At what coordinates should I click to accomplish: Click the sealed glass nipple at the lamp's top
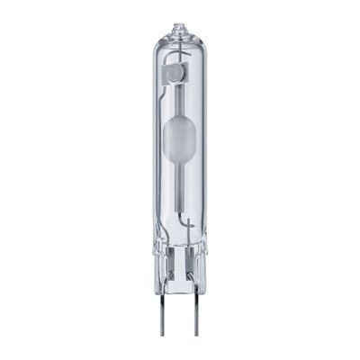(179, 29)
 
